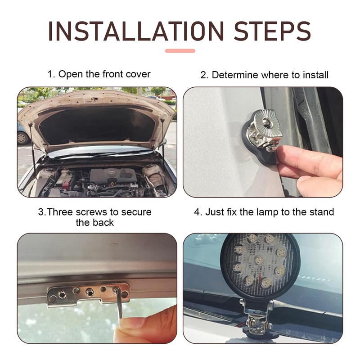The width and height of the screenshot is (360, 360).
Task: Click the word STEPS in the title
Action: [272, 31]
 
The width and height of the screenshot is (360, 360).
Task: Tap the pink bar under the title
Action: [180, 51]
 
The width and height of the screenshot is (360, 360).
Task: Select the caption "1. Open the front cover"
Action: [99, 74]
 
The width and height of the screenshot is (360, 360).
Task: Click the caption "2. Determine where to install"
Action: [264, 75]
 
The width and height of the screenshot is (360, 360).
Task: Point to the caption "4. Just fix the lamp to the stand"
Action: [264, 212]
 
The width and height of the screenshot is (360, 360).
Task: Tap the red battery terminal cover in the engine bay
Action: [65, 185]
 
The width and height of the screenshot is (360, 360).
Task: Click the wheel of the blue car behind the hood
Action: [22, 138]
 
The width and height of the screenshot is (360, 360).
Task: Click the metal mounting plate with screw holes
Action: [88, 295]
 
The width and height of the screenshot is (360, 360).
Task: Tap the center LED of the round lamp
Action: [259, 260]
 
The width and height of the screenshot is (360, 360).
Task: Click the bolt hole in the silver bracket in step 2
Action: [267, 121]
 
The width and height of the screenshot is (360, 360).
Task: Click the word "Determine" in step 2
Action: [235, 75]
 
